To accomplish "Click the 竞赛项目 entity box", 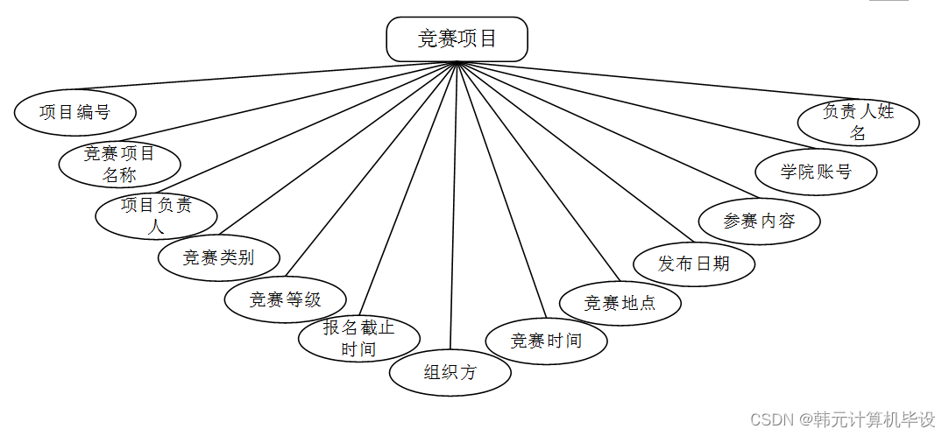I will [457, 39].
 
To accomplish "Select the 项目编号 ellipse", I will [75, 112].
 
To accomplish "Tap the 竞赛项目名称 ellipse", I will [119, 164].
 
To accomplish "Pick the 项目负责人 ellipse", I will [156, 216].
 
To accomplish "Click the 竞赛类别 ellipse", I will [218, 257].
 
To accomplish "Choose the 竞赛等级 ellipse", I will [286, 299].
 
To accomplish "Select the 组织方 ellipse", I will [450, 373].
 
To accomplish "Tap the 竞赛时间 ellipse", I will [546, 341].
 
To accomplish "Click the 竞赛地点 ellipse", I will [620, 304].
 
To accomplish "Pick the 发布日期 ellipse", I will [694, 263].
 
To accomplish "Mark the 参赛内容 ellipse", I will [759, 221].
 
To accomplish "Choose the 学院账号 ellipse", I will [816, 172].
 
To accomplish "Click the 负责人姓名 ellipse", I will [859, 122].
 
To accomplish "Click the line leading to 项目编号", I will [263, 76].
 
